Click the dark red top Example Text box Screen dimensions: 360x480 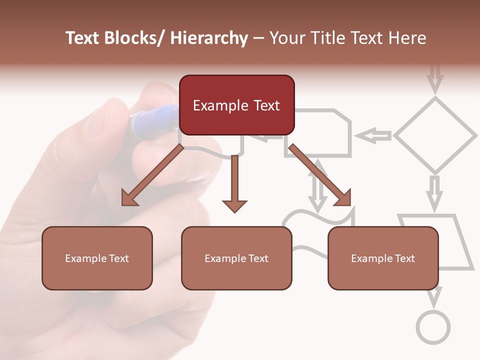236,105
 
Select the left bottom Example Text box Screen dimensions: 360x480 97,258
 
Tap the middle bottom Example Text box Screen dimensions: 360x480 236,258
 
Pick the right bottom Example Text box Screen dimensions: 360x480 383,258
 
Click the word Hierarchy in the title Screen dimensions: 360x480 208,38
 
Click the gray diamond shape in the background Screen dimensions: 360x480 435,135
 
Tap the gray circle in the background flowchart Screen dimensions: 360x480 433,327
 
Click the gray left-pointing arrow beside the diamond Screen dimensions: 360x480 373,135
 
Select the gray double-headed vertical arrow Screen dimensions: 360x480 317,185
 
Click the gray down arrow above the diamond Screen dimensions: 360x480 435,78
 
